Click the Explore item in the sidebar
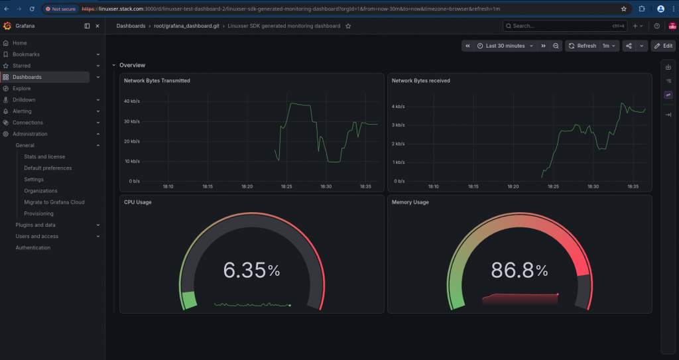pyautogui.click(x=22, y=88)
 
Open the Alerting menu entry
pyautogui.click(x=22, y=111)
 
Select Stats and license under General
pyautogui.click(x=44, y=157)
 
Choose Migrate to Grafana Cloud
pyautogui.click(x=54, y=202)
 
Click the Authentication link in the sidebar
pyautogui.click(x=33, y=248)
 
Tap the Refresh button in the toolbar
pyautogui.click(x=582, y=46)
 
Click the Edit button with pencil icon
pyautogui.click(x=663, y=46)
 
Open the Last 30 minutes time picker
pyautogui.click(x=505, y=46)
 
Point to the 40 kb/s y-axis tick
pyautogui.click(x=132, y=101)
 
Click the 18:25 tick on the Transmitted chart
pyautogui.click(x=286, y=187)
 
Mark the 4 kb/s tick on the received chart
pyautogui.click(x=399, y=107)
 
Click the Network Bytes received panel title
pyautogui.click(x=421, y=81)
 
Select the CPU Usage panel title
pyautogui.click(x=138, y=202)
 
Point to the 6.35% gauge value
pyautogui.click(x=251, y=270)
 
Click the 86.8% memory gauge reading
pyautogui.click(x=519, y=270)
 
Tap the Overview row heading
pyautogui.click(x=133, y=66)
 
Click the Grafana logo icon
pyautogui.click(x=7, y=26)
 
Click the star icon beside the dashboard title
pyautogui.click(x=348, y=26)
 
